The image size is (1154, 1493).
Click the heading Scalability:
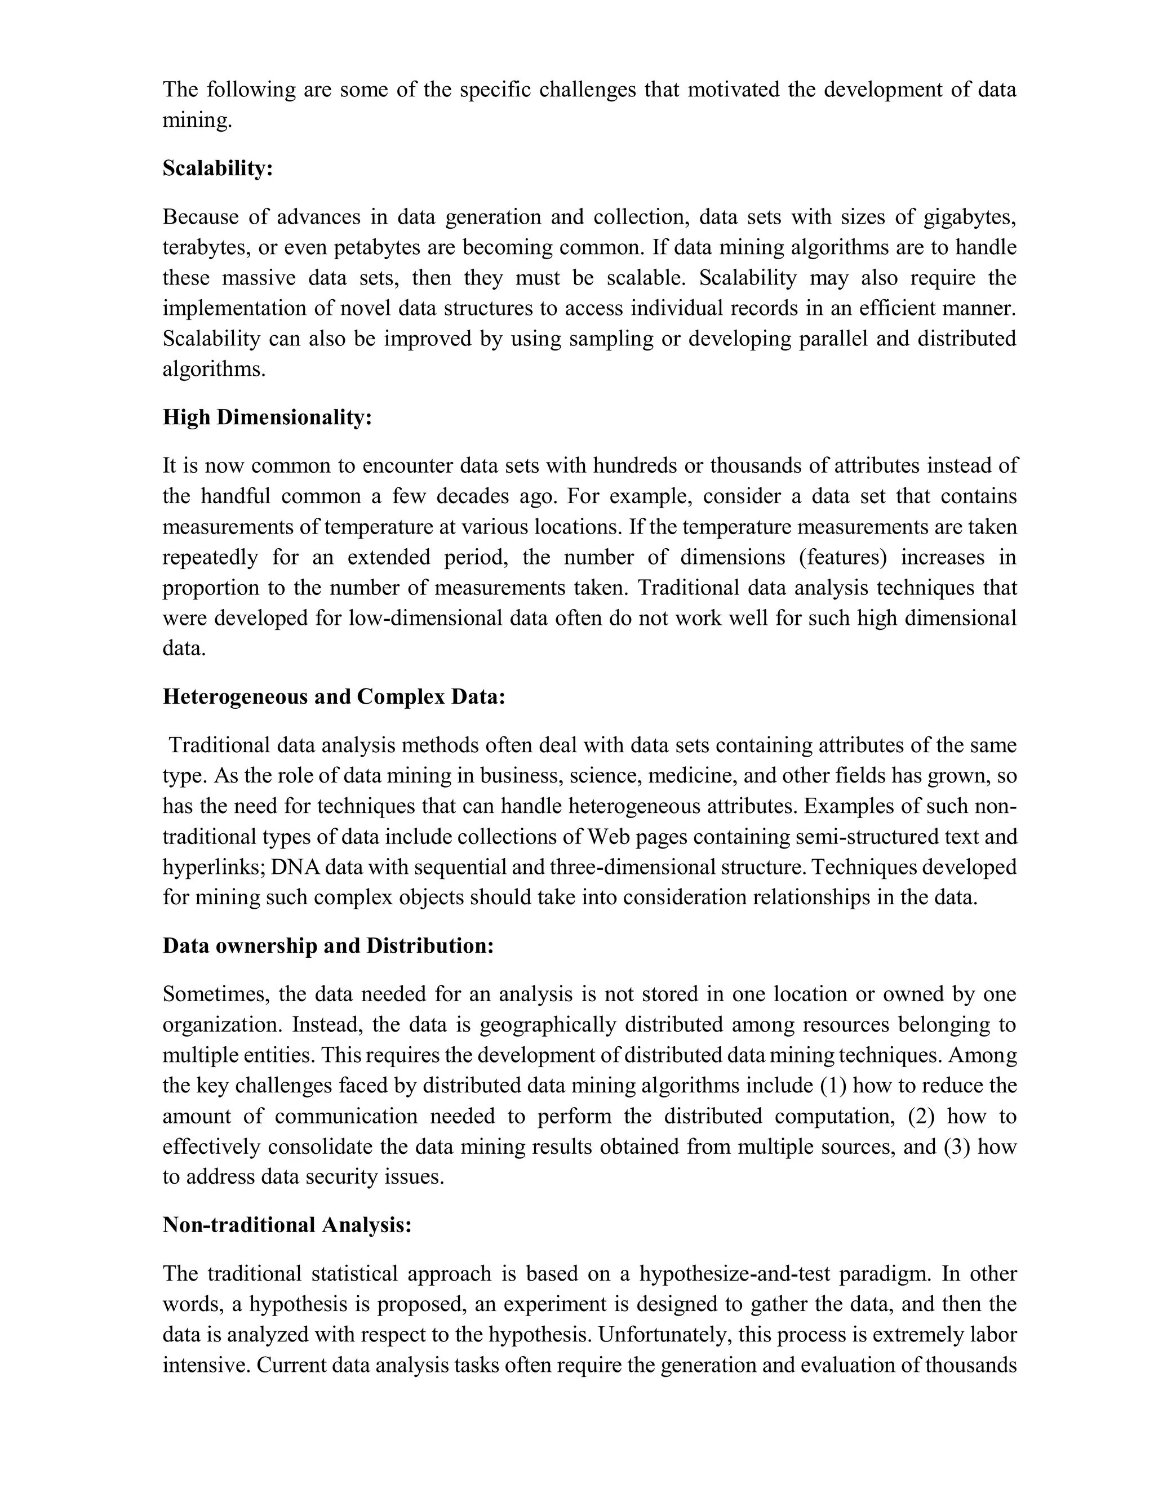[x=218, y=168]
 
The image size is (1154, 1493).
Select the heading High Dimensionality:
[x=267, y=417]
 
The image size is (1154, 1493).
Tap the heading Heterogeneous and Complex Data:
[x=334, y=696]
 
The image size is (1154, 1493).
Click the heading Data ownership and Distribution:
[x=327, y=945]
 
